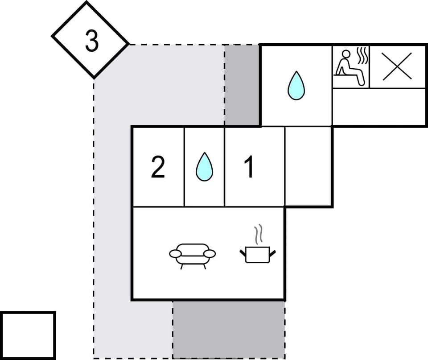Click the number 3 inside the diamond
(x=91, y=41)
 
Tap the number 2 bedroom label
(x=158, y=167)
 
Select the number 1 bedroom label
(x=250, y=167)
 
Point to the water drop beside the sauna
(x=296, y=85)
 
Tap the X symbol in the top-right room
(x=397, y=66)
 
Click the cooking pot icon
(x=258, y=255)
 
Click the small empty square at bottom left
(x=28, y=335)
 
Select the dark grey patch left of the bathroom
(x=242, y=85)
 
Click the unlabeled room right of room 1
(x=309, y=166)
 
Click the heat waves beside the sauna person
(x=363, y=58)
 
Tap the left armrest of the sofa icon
(x=175, y=254)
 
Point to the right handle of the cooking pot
(x=272, y=253)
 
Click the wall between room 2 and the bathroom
(x=184, y=166)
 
